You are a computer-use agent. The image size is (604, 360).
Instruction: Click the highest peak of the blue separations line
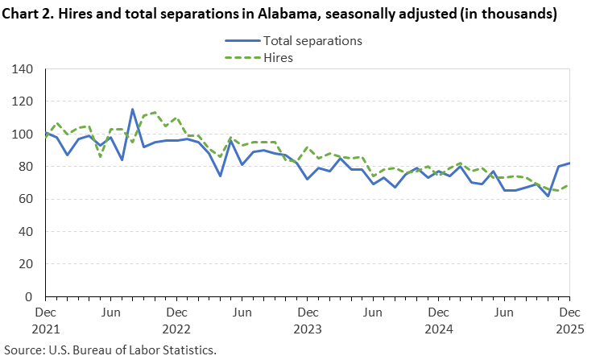133,110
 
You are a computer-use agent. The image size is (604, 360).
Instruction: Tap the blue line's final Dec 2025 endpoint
569,163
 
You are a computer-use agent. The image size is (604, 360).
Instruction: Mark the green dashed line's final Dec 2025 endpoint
569,185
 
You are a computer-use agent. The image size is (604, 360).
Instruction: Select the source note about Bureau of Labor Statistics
110,350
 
